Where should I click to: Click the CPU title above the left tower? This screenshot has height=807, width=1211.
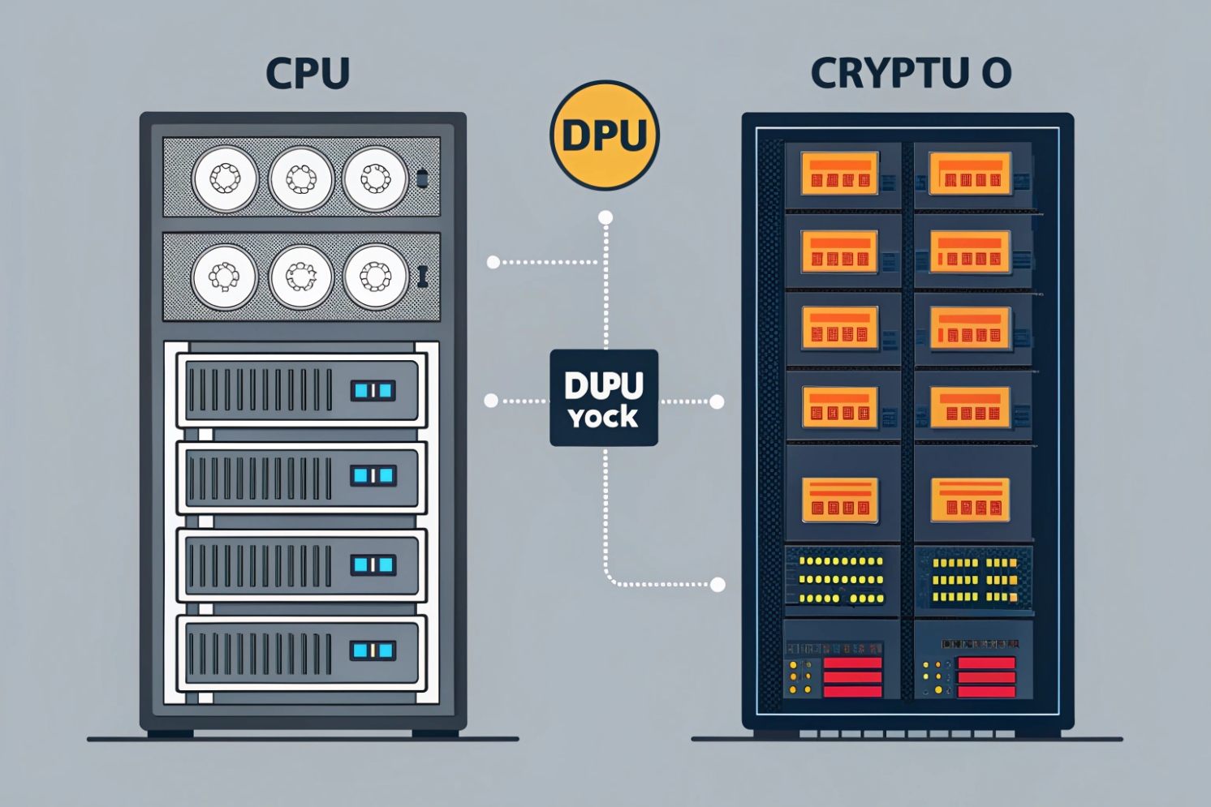[308, 73]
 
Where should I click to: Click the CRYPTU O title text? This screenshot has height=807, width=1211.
[911, 73]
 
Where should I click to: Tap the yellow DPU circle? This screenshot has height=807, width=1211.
[605, 135]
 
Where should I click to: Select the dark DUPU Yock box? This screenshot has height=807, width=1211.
[604, 397]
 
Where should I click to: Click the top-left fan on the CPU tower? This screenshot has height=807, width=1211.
[225, 178]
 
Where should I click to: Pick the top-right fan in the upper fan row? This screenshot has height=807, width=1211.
[375, 178]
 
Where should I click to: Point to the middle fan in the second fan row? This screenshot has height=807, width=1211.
[301, 277]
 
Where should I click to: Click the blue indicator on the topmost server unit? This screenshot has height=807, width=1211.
[373, 391]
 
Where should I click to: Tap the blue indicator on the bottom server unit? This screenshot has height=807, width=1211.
[373, 650]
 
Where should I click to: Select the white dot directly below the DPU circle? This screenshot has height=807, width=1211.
[605, 217]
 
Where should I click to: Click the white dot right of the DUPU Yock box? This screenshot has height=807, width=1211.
[717, 401]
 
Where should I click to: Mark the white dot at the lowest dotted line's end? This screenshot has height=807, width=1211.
[718, 585]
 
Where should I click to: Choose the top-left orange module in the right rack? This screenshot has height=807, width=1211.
[839, 173]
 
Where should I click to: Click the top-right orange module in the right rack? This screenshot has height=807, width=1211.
[970, 173]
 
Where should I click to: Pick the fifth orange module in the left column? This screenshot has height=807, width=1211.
[840, 500]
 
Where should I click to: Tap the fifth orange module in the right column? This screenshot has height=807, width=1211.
[970, 500]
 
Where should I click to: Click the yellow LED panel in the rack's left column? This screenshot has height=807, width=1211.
[842, 579]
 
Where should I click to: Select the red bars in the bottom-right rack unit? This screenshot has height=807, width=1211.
[986, 677]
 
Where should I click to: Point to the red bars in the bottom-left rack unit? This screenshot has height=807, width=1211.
[852, 677]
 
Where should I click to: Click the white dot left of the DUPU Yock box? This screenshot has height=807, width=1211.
[491, 401]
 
